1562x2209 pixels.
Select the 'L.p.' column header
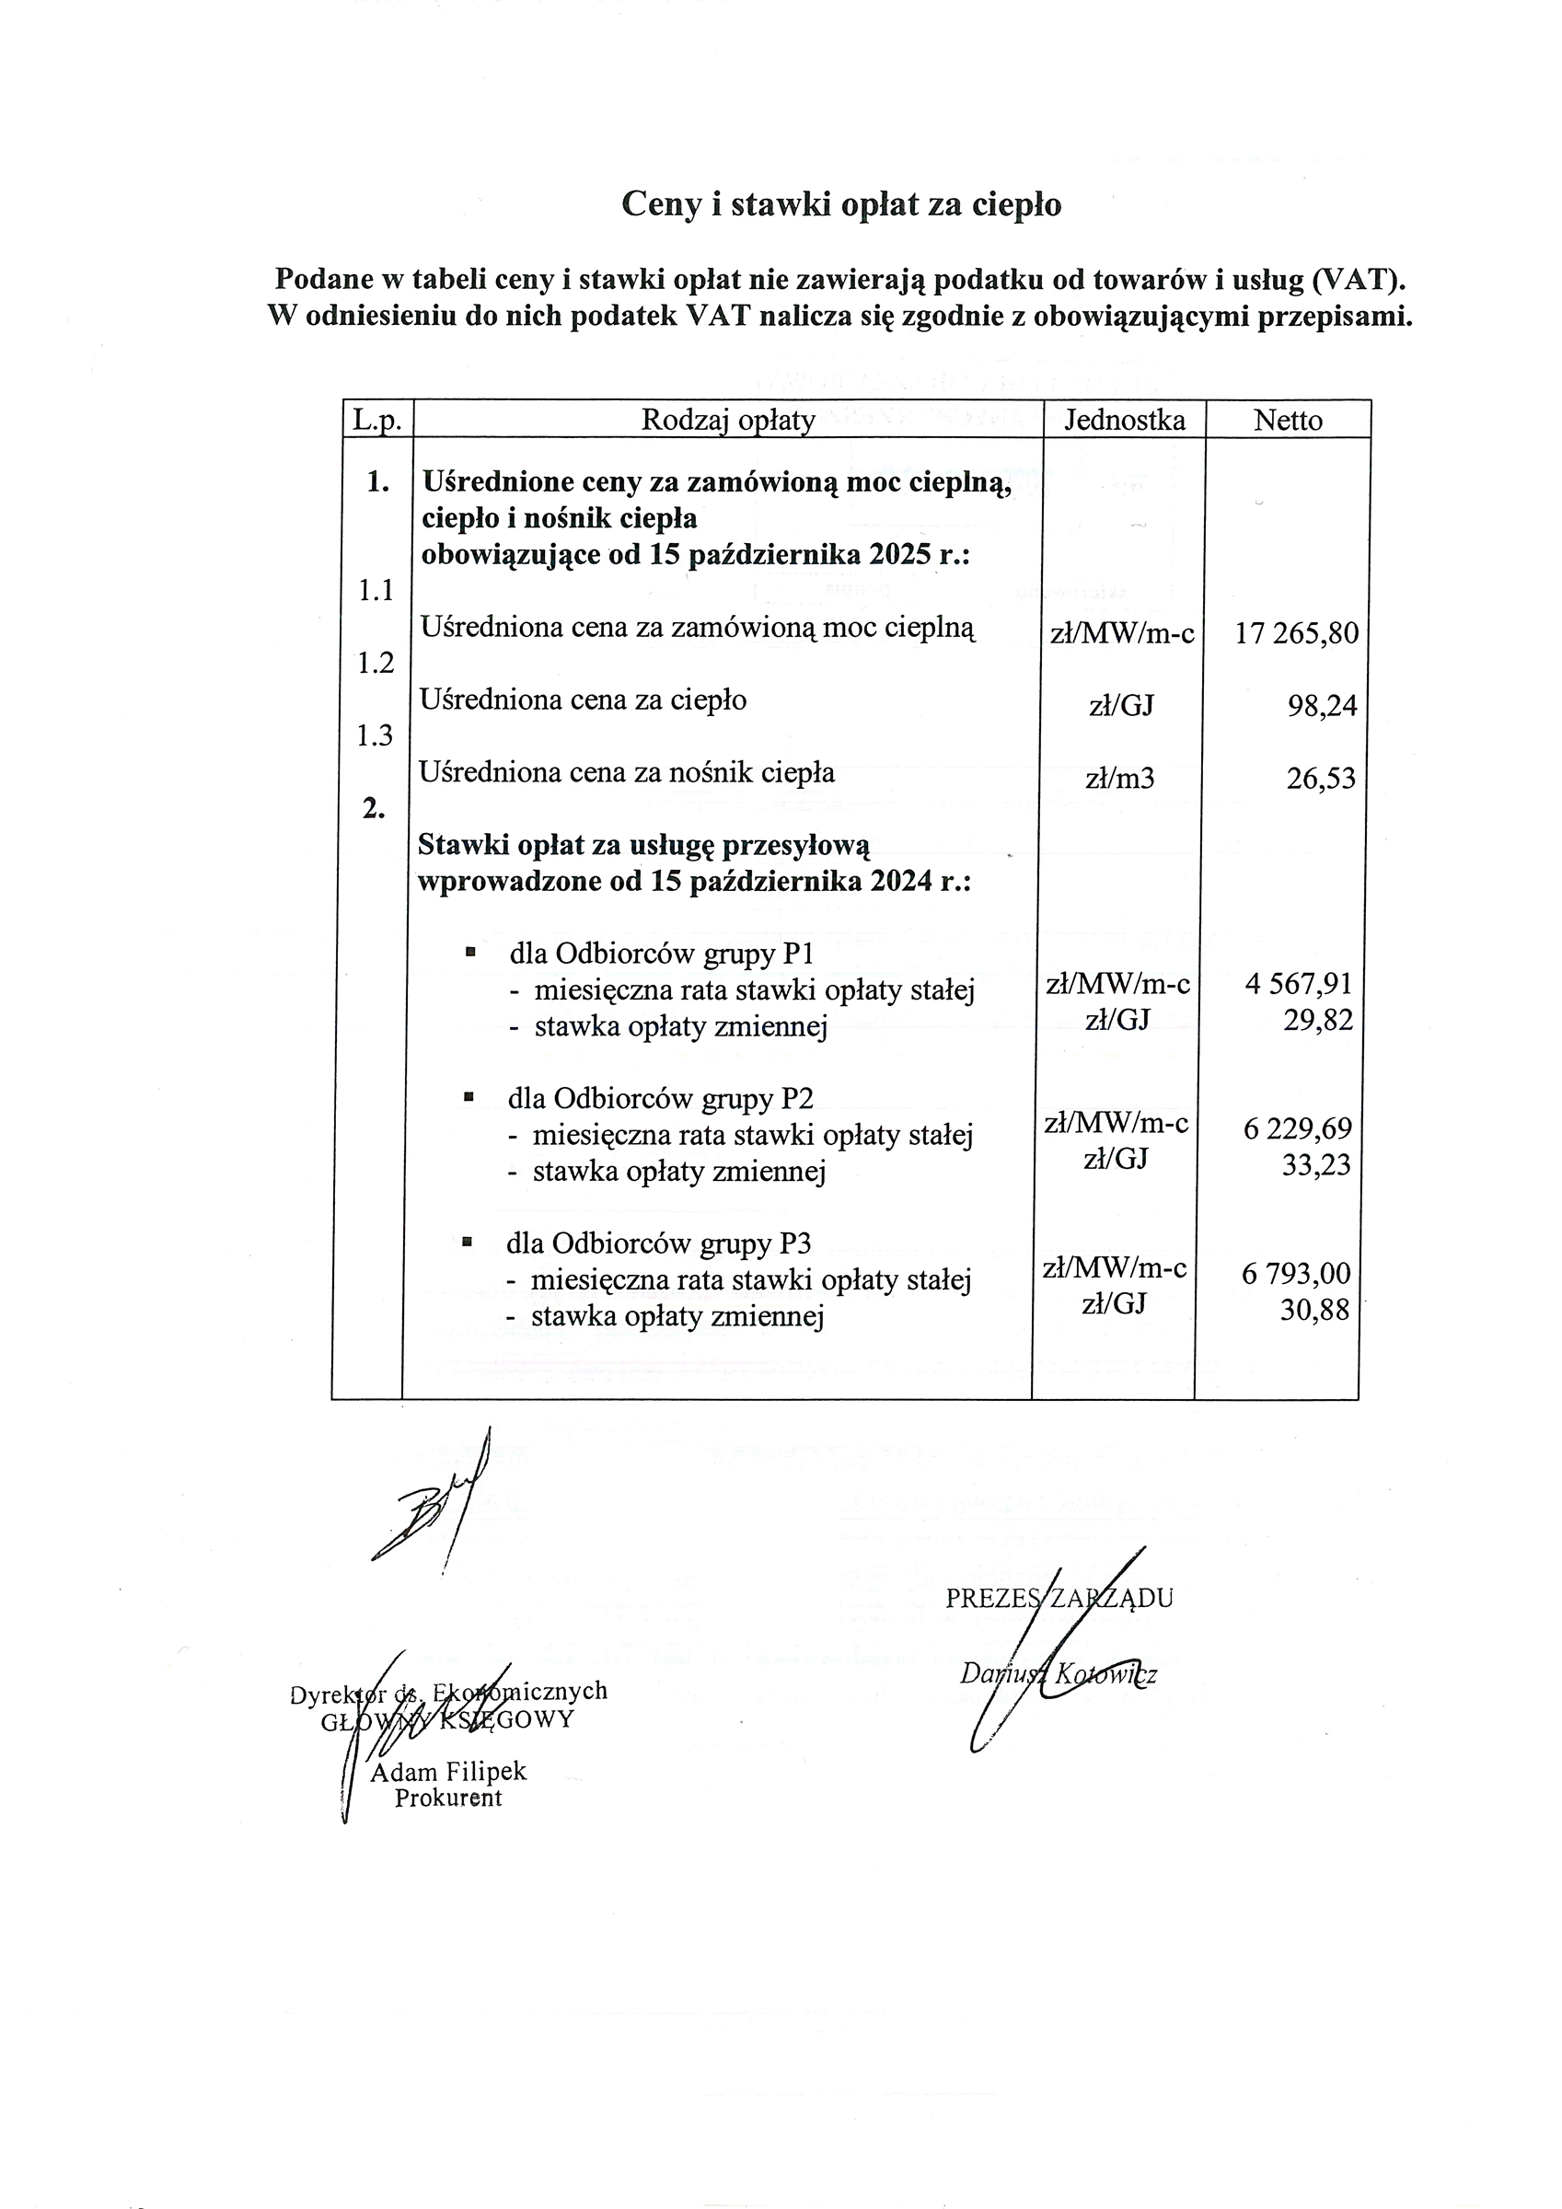click(376, 420)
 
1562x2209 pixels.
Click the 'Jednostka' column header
click(1124, 420)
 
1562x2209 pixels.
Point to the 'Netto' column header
click(1287, 420)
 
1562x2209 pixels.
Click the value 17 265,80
click(1295, 633)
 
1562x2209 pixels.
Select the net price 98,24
click(1322, 706)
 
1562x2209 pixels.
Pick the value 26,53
click(1321, 779)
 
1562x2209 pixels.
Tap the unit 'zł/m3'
click(1119, 779)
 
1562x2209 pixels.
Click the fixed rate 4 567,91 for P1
click(1297, 983)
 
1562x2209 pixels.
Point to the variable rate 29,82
click(1317, 1020)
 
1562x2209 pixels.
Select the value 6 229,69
click(1296, 1128)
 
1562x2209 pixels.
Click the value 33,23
click(1315, 1165)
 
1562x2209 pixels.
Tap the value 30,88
click(1313, 1310)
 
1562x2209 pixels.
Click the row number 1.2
click(376, 663)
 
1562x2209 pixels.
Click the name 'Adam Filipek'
click(448, 1771)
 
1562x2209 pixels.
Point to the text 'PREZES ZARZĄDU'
click(1059, 1598)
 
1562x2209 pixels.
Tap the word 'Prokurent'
click(448, 1798)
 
